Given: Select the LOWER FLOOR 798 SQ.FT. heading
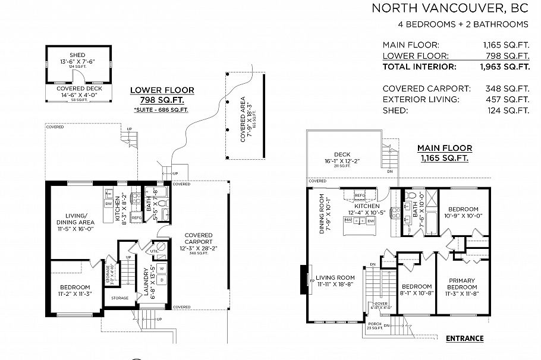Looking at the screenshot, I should point(162,95).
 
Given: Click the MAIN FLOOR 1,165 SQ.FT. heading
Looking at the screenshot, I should point(444,153).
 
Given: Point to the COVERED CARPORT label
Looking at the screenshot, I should point(199,238).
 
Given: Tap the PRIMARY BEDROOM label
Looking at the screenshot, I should point(462,283).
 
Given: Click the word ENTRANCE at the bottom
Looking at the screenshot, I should point(464,339).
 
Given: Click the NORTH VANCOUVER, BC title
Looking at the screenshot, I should point(449,8).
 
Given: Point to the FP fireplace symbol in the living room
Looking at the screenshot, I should point(312,277).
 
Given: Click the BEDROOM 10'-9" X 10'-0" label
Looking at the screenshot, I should point(463,209).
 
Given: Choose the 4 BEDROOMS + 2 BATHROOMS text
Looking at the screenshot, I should point(463,24).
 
